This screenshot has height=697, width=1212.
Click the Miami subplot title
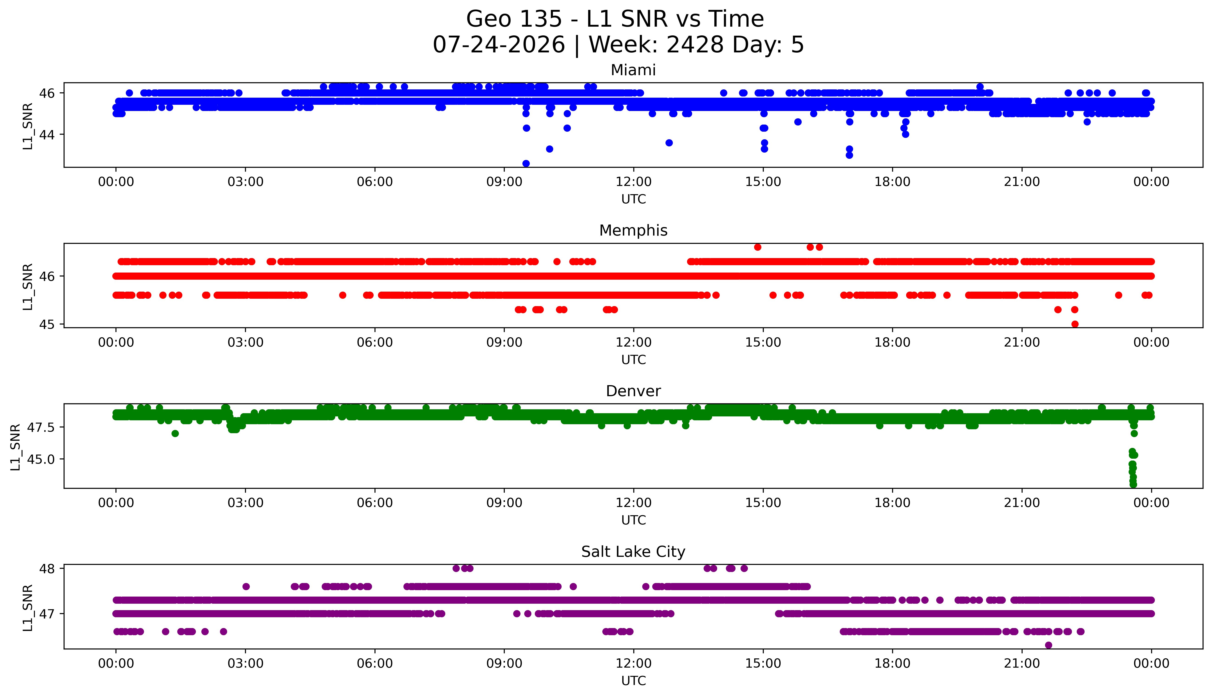point(633,70)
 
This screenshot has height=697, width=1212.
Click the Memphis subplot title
point(633,231)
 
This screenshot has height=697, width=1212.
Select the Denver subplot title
point(633,391)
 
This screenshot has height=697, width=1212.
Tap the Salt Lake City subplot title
point(633,552)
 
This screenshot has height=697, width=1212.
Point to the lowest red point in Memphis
point(1075,324)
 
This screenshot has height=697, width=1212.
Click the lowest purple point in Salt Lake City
point(1049,645)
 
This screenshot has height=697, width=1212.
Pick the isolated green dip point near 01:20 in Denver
point(175,433)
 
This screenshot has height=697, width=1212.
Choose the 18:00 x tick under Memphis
point(893,342)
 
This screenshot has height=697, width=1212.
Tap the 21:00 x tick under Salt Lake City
point(1022,663)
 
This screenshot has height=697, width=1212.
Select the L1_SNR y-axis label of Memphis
point(28,286)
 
